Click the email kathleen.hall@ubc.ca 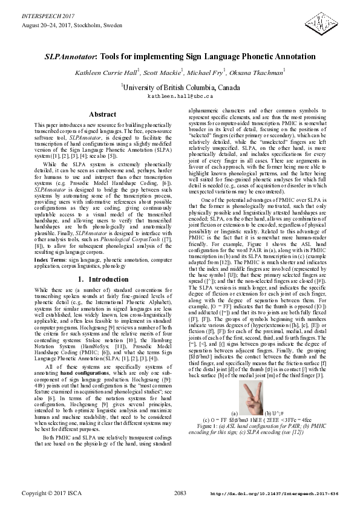pyautogui.click(x=180, y=96)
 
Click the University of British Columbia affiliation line pyautogui.click(x=180, y=87)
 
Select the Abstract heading pyautogui.click(x=102, y=114)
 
